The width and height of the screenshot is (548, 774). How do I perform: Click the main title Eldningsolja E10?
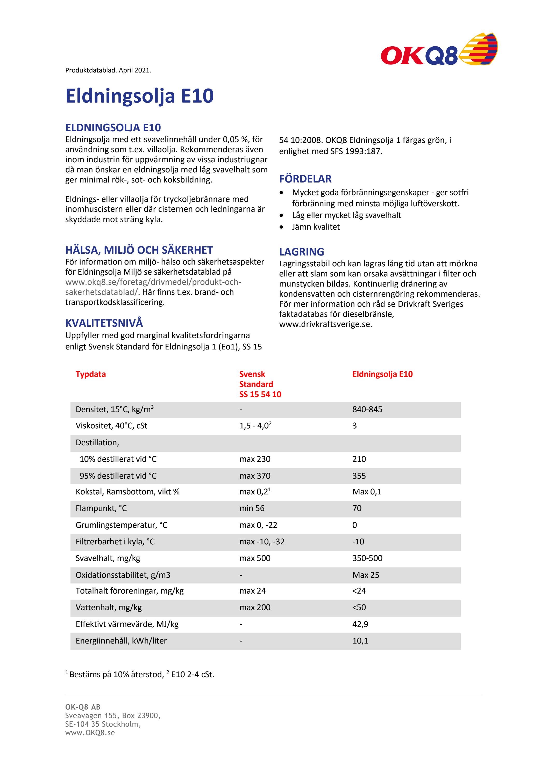point(139,96)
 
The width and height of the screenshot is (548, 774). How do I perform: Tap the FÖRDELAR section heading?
point(305,179)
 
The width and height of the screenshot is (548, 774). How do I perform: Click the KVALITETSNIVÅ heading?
point(104,323)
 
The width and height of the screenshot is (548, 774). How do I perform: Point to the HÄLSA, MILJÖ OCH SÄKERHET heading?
point(139,250)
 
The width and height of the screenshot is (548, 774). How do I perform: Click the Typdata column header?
point(90,374)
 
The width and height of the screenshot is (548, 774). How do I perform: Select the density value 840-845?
point(367,410)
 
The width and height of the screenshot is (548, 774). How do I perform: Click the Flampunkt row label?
point(101,508)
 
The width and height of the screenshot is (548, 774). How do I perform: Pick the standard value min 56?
point(252,508)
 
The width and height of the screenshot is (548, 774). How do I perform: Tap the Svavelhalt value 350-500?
point(367,558)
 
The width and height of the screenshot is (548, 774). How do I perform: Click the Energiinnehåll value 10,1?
point(360,641)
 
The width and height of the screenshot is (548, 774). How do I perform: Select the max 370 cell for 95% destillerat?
point(255,476)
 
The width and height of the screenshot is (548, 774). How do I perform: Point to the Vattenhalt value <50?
point(359,608)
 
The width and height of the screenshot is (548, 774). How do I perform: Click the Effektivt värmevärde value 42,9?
point(360,624)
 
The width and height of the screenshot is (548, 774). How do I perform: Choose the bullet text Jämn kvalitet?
point(316,227)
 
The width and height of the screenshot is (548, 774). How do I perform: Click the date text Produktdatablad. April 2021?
point(108,70)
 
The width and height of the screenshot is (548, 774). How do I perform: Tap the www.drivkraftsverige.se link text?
point(325,324)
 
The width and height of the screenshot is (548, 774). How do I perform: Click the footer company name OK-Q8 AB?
point(83,707)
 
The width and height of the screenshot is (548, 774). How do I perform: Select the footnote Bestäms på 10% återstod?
point(116,675)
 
